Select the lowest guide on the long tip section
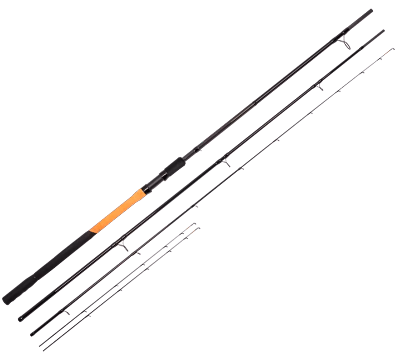tap(67, 313)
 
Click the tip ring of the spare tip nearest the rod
tap(194, 224)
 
